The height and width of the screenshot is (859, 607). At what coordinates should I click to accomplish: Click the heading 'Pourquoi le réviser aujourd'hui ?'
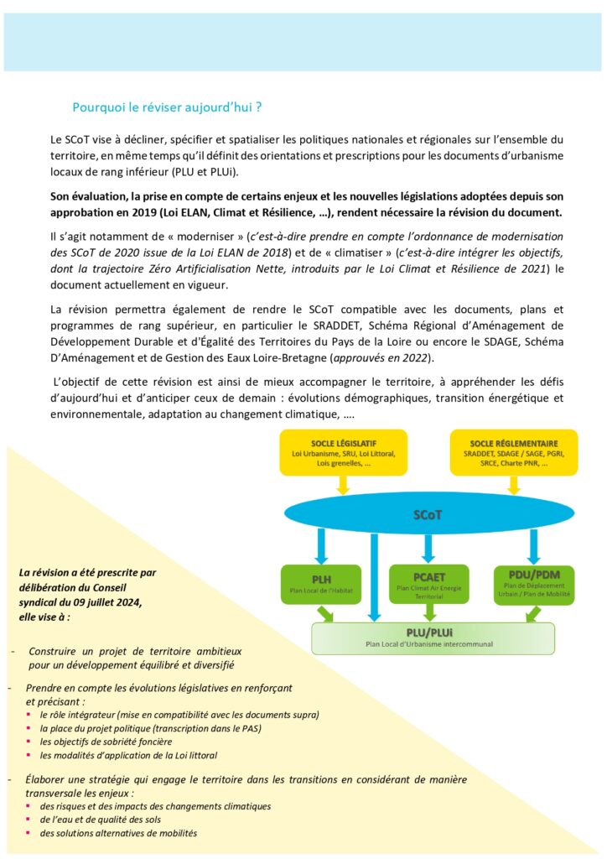[167, 107]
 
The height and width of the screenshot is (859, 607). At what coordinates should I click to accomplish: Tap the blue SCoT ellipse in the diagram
[428, 513]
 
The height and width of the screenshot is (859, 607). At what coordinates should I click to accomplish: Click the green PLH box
[321, 585]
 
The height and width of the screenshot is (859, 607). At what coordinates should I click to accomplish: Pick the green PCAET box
[428, 585]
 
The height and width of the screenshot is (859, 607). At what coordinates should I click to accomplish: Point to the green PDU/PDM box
[534, 585]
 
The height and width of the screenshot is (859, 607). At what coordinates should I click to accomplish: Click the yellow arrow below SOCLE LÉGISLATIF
[342, 484]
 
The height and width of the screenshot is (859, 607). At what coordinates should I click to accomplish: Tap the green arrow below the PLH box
[325, 614]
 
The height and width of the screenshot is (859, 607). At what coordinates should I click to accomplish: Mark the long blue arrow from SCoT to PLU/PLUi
[375, 579]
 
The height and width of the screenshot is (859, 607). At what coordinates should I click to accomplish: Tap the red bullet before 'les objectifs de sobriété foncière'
[30, 742]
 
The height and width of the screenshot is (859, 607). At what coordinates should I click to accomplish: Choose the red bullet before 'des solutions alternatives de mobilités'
[30, 833]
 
